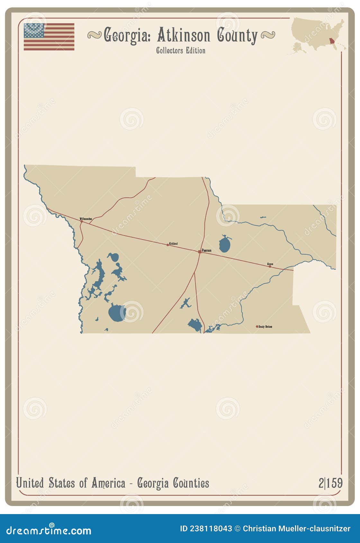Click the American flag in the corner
coord(49,37)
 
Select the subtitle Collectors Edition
coord(181,50)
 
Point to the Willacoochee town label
coord(86,219)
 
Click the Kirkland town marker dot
coord(167,245)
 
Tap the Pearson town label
coord(206,250)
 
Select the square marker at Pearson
coord(200,252)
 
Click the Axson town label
coord(270,264)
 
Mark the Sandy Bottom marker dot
coord(257,326)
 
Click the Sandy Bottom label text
coord(265,326)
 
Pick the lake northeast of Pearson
coord(225,244)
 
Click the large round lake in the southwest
coord(117,313)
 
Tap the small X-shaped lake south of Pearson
coord(185,303)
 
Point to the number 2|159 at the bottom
coord(330,483)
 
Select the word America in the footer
coord(108,483)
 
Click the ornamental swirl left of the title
coord(94,35)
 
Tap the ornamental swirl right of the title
coord(268,35)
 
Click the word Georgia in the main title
coord(127,35)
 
